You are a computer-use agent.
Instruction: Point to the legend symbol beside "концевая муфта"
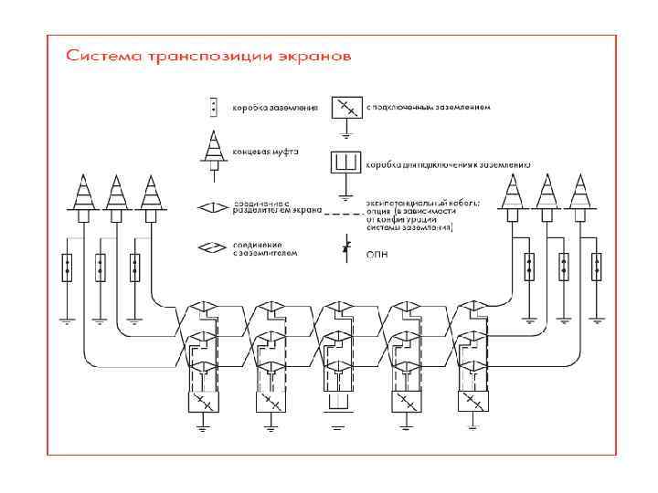[x=213, y=150]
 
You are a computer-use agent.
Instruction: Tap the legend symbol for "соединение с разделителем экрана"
[x=213, y=208]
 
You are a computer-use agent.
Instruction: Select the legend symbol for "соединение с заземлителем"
[x=213, y=247]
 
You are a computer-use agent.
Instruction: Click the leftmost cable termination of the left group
[x=83, y=196]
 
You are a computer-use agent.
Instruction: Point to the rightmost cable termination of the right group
[x=577, y=196]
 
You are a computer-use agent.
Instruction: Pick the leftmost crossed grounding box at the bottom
[x=203, y=403]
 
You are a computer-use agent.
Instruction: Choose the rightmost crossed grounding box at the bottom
[x=471, y=403]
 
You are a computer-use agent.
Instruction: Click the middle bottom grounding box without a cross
[x=336, y=402]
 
